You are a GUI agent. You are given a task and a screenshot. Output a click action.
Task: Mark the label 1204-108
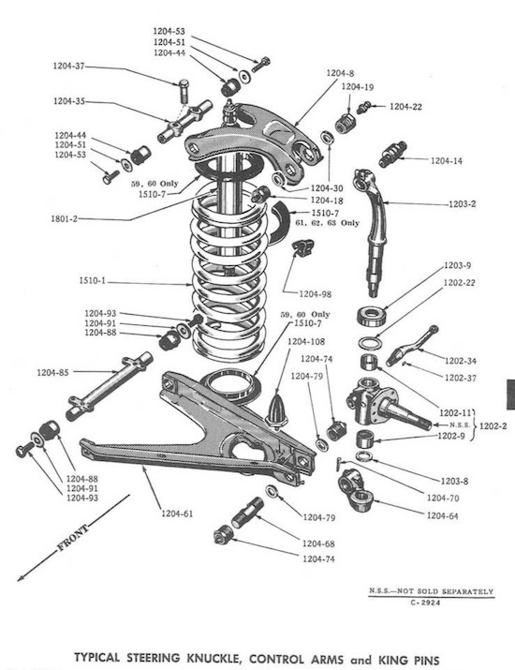tap(306, 342)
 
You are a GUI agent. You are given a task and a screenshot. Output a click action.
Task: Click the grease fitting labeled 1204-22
tap(372, 108)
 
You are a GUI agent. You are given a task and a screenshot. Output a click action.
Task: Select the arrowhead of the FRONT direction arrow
tap(22, 579)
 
